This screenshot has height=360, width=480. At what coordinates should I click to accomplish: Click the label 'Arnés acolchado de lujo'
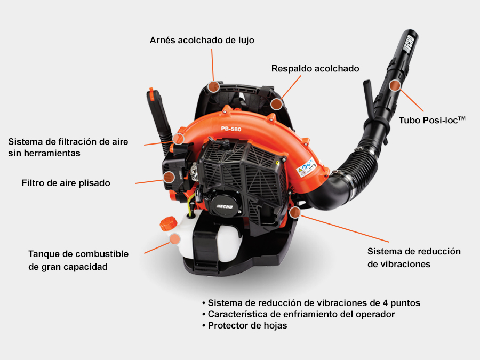point(202,40)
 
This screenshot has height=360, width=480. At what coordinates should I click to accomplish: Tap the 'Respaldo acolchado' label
point(315,68)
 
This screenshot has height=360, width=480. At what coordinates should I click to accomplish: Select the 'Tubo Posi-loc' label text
point(432,120)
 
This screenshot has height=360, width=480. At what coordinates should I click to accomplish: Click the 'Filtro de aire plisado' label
point(66,183)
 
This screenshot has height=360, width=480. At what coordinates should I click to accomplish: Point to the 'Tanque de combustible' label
point(78,260)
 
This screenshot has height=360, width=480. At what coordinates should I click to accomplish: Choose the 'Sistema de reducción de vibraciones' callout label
point(414,258)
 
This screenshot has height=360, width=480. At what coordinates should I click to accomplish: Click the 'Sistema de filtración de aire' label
point(68,147)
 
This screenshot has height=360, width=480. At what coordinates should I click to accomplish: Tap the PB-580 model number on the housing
point(231,129)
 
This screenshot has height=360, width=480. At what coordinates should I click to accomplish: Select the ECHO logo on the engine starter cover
point(225,206)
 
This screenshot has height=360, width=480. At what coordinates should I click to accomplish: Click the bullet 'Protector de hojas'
point(245,325)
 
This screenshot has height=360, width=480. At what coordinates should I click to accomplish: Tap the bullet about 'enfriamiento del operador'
point(299,314)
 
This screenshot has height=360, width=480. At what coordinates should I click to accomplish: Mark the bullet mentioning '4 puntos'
point(311,303)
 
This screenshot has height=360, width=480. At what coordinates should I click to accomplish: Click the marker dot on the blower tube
point(395,85)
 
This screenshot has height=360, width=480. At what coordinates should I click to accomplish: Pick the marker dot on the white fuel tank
point(174,239)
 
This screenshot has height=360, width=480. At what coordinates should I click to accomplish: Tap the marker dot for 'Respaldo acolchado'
point(276,104)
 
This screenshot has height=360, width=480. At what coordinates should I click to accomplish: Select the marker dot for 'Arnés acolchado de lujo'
point(213,86)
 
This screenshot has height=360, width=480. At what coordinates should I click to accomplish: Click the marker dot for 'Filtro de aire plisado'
point(169,177)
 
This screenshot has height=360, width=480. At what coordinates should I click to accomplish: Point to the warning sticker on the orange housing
point(306,167)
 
